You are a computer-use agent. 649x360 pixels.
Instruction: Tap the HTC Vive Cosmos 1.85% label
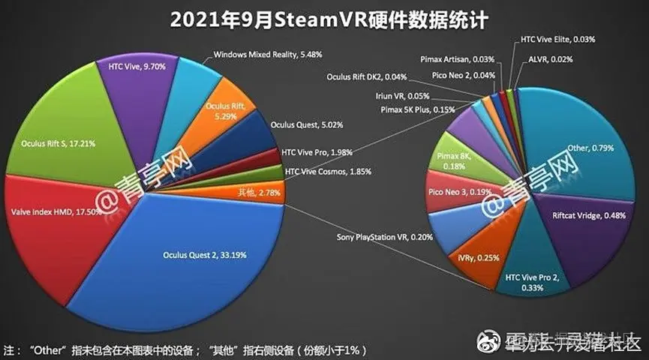point(326,172)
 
